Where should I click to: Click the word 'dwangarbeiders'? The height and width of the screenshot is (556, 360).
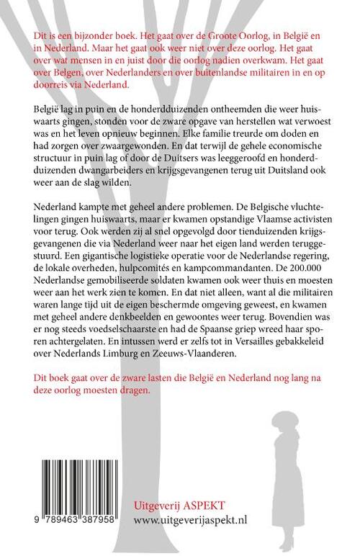pyautogui.click(x=80, y=184)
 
